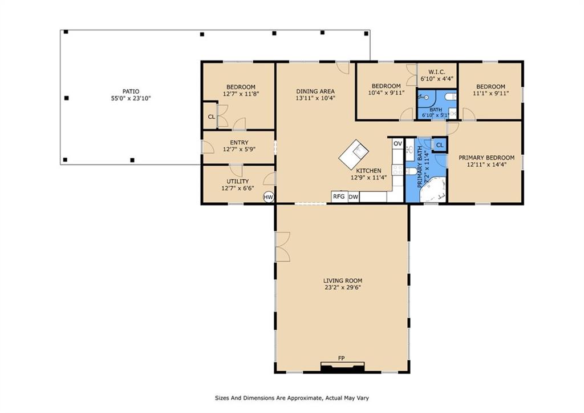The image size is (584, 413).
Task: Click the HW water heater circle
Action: pos(269,197)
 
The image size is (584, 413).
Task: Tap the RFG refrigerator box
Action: pos(339,197)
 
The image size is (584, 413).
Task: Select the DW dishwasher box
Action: pos(354,197)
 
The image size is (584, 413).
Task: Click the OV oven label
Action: pos(398,143)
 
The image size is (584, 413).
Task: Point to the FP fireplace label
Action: pos(341,358)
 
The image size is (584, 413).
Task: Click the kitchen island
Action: pos(354,154)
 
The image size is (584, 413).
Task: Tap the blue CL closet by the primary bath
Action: pos(440,145)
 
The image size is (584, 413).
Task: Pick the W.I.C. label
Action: pos(436,71)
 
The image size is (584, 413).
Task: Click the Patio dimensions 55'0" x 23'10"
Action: pos(131,98)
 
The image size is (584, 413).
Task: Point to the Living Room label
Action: pos(343,280)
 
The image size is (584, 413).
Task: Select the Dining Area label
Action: pos(315,91)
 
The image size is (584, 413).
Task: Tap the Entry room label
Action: pos(239,142)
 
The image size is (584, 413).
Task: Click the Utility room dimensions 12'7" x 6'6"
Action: pos(238,189)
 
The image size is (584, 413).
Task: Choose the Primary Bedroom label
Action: pos(486,158)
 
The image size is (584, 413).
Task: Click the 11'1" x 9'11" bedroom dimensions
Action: pos(491,93)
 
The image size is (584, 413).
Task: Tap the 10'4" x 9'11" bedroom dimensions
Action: pos(386,93)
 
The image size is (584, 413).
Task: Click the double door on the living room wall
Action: pos(282,247)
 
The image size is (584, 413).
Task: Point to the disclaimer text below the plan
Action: pos(292,398)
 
